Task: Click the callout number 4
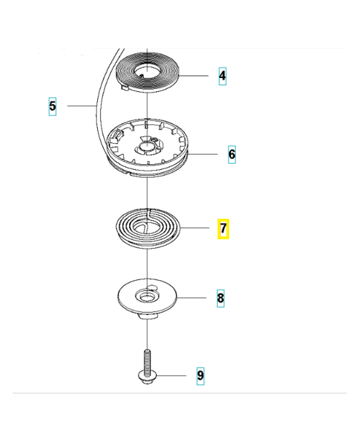222,75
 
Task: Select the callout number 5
52,105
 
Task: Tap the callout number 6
232,154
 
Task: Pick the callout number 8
220,298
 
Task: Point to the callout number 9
200,376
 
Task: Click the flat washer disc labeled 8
130,298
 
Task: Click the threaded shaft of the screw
148,359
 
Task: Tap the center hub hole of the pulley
147,146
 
